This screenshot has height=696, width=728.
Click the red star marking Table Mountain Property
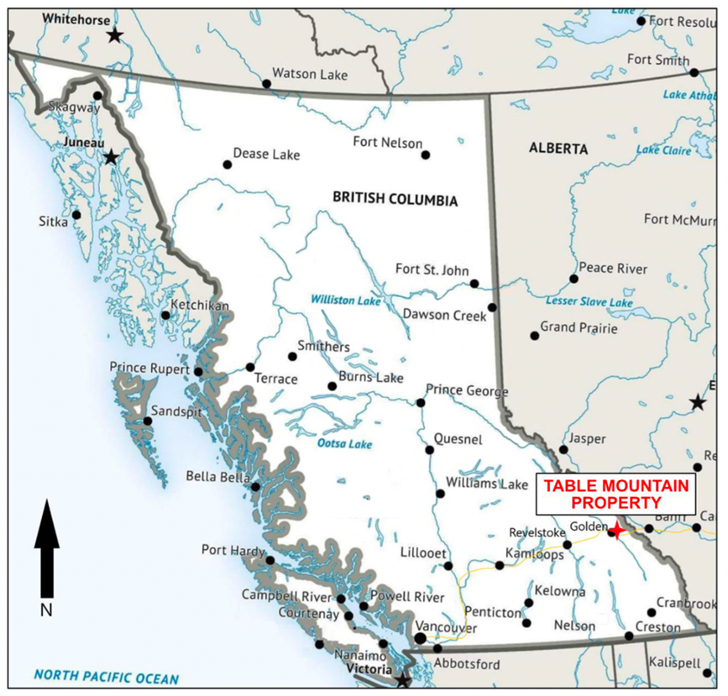616,531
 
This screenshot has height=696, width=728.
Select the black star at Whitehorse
114,34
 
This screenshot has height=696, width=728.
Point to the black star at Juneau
110,157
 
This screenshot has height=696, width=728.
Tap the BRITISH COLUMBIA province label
395,199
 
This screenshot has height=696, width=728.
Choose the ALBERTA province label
558,148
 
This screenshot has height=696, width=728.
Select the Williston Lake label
346,300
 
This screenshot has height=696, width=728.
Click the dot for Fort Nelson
426,154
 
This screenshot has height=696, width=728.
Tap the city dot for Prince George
421,402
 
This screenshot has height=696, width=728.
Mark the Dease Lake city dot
227,165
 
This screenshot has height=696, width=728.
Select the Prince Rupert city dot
198,371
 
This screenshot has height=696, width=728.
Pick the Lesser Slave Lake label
589,301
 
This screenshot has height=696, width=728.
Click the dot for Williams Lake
438,493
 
